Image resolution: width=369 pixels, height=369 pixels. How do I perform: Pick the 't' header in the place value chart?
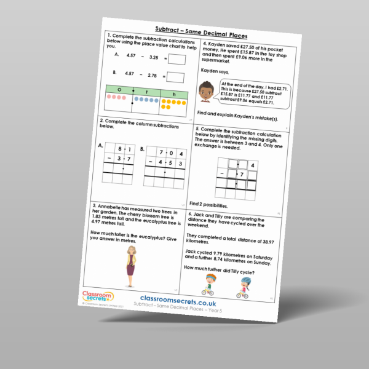146,92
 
